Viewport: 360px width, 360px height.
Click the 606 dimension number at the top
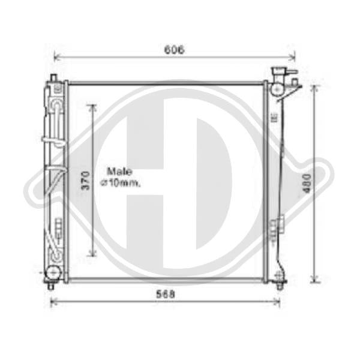tap(174, 50)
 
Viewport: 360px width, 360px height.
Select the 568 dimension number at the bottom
tap(166, 295)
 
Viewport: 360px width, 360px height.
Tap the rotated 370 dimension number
tap(85, 181)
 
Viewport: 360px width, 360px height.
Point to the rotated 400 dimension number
tap(307, 184)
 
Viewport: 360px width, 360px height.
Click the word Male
tap(119, 172)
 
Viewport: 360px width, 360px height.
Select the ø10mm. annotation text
tap(120, 182)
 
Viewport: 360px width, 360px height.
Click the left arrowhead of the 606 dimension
tap(56, 56)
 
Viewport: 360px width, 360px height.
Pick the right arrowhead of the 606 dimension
tap(293, 56)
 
